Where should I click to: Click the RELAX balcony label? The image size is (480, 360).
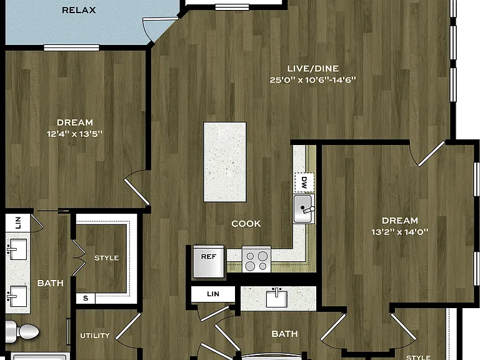[x=79, y=10]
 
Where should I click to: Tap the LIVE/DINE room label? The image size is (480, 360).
[x=313, y=68]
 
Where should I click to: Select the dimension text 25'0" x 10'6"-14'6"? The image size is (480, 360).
[x=313, y=80]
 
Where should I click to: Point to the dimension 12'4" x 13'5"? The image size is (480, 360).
[x=75, y=134]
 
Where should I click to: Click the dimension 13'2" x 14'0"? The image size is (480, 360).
[x=400, y=232]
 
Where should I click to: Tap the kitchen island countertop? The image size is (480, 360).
[x=225, y=162]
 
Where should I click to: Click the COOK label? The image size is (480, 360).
[x=246, y=224]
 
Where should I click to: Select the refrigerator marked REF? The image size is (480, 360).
[x=209, y=261]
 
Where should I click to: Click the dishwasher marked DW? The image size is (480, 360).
[x=304, y=182]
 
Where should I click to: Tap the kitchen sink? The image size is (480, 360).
[x=304, y=209]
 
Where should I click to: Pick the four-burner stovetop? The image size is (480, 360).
[x=256, y=259]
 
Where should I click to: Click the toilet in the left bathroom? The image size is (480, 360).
[x=21, y=331]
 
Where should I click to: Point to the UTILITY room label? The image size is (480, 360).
[x=95, y=336]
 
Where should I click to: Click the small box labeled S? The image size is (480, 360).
[x=86, y=298]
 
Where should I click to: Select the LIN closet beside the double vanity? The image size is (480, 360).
[x=17, y=223]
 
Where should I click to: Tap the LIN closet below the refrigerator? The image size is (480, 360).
[x=213, y=294]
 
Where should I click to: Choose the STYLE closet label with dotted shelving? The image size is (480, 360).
[x=106, y=258]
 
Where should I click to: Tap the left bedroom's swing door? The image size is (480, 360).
[x=137, y=187]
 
